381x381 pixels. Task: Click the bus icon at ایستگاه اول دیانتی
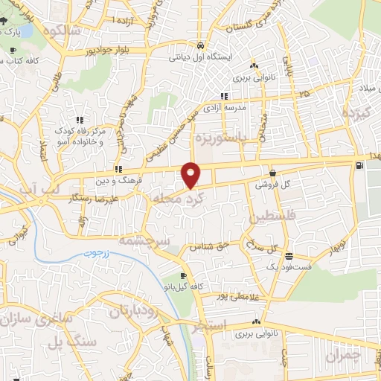(x=200, y=45)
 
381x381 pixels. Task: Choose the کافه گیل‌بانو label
(x=181, y=286)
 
